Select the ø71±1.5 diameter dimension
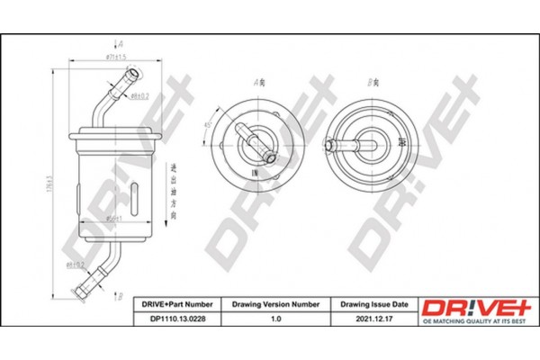[x=108, y=58]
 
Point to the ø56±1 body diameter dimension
[x=114, y=218]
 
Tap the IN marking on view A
[x=256, y=171]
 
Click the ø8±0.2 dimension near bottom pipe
[x=76, y=265]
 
